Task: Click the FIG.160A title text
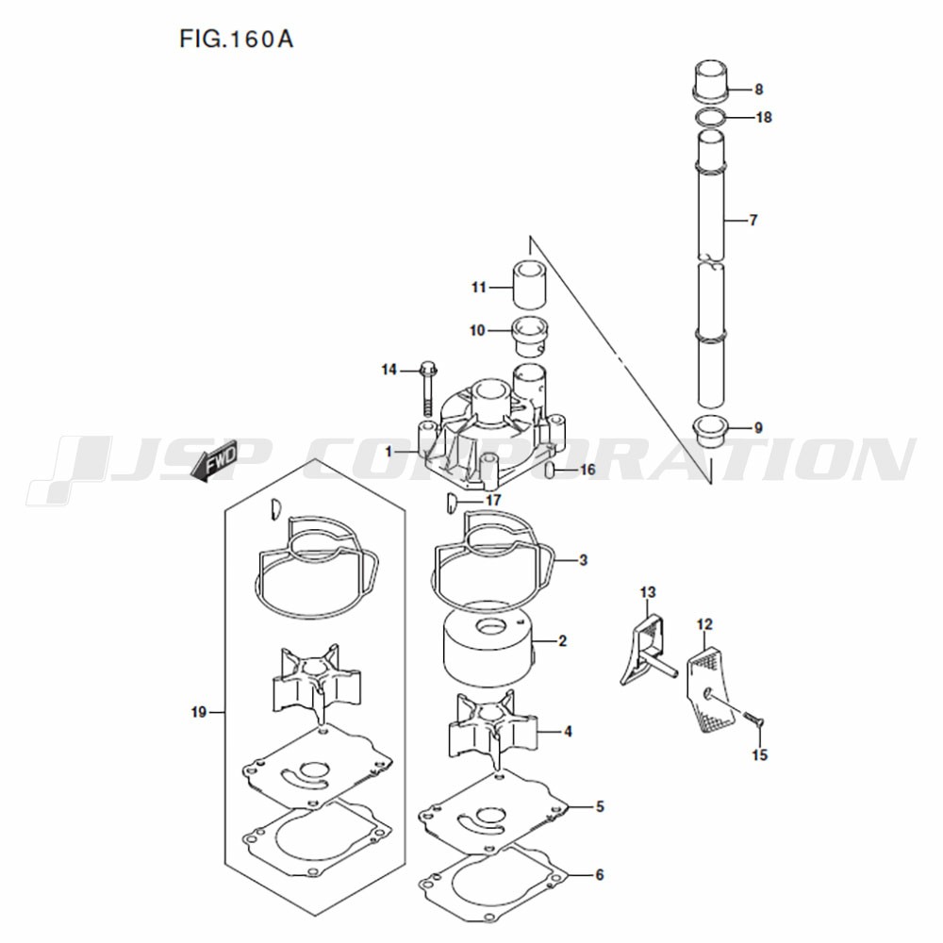pyautogui.click(x=236, y=39)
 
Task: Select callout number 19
pyautogui.click(x=199, y=713)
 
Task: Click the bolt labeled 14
pyautogui.click(x=427, y=389)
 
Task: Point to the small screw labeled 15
pyautogui.click(x=753, y=718)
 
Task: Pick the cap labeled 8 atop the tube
pyautogui.click(x=711, y=80)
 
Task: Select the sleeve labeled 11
pyautogui.click(x=529, y=285)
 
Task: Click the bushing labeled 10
pyautogui.click(x=528, y=337)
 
